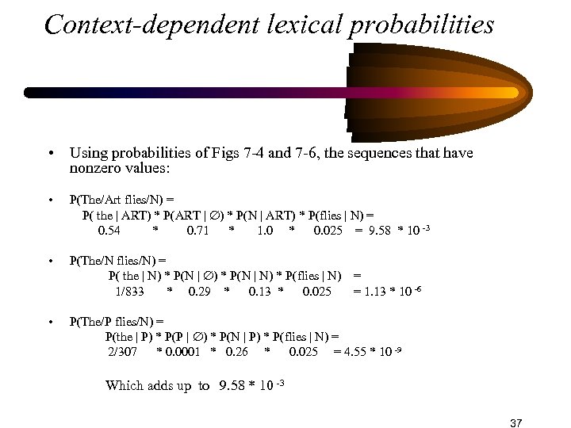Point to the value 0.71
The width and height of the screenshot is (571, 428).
[x=198, y=231]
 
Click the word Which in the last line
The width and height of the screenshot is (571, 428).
[x=125, y=386]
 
